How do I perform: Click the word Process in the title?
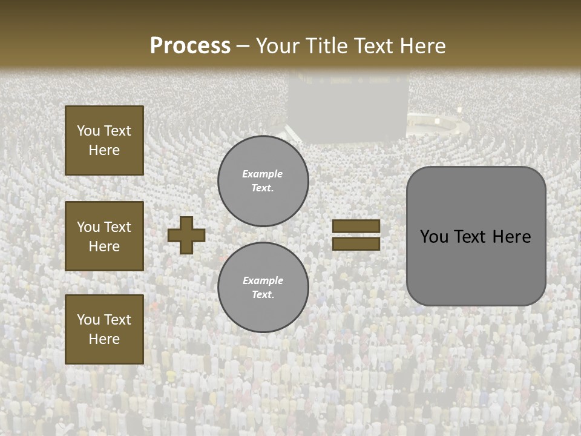(190, 46)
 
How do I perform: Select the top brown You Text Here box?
(104, 140)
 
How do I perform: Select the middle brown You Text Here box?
(104, 236)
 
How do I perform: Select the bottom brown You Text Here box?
(104, 329)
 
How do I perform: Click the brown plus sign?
(186, 236)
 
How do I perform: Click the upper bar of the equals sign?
(356, 226)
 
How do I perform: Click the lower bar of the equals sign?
(356, 243)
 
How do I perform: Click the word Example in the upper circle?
(262, 174)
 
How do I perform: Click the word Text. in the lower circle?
(263, 294)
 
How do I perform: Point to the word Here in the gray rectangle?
(511, 237)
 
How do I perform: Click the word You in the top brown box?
(88, 131)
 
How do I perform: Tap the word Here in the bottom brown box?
(104, 339)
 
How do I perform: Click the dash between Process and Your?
(243, 46)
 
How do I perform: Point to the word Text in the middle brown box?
(117, 227)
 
